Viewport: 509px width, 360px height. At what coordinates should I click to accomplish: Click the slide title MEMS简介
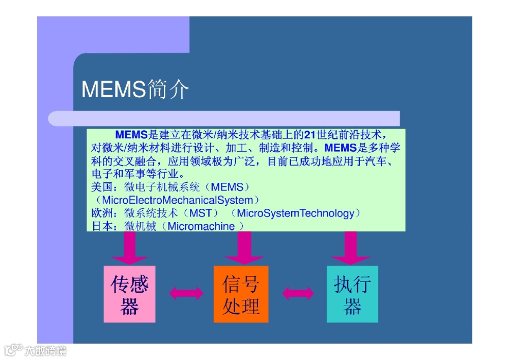point(135,89)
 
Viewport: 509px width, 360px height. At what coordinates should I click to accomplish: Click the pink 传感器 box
point(129,294)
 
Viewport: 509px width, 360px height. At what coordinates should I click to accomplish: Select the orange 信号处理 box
point(241,294)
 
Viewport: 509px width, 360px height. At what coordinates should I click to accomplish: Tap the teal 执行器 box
point(352,294)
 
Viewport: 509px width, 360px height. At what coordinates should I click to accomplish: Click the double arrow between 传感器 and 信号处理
point(185,293)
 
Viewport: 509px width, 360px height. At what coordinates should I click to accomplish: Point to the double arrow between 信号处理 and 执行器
point(298,293)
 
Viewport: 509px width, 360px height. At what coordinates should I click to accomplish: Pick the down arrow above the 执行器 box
point(350,248)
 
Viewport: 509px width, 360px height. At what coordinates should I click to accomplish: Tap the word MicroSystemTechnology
point(295,213)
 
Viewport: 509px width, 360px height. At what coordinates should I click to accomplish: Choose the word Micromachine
point(201,226)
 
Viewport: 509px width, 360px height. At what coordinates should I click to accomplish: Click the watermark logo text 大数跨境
point(45,351)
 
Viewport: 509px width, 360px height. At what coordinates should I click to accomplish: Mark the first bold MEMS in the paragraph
point(131,135)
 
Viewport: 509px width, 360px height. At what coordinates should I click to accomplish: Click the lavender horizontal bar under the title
point(224,119)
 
